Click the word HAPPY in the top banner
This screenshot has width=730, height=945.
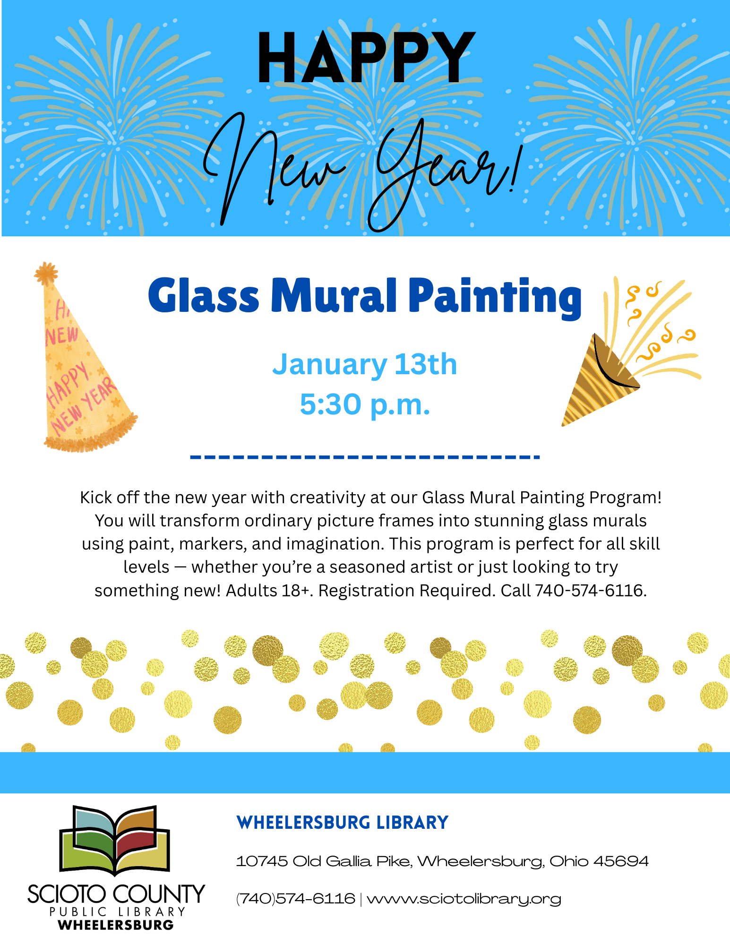[366, 58]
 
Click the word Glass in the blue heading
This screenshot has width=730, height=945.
[204, 296]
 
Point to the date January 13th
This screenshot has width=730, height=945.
[365, 364]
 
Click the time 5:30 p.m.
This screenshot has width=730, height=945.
[365, 404]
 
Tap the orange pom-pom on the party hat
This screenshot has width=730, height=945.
[46, 273]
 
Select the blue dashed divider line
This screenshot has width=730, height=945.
[365, 457]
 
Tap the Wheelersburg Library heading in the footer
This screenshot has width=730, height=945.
[342, 823]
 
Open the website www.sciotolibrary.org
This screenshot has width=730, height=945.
[464, 899]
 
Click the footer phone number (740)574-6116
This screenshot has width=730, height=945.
[296, 898]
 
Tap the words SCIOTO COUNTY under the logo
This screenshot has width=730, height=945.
[116, 894]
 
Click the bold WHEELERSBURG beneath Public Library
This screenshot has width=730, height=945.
[116, 925]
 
